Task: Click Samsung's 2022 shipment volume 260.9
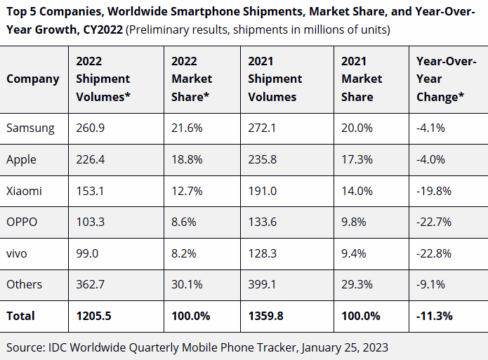click(90, 128)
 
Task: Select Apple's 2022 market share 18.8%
click(186, 159)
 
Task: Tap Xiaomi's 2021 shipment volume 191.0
click(263, 190)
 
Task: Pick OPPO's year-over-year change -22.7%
click(433, 222)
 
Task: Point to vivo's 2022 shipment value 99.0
click(87, 253)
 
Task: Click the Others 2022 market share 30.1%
click(186, 284)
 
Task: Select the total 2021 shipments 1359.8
click(266, 316)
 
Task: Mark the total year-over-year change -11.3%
click(435, 316)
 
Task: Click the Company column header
click(33, 79)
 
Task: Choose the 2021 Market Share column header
click(362, 79)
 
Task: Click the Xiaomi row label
click(24, 190)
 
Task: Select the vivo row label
click(17, 253)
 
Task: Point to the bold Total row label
click(20, 316)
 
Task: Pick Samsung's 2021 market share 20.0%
click(356, 128)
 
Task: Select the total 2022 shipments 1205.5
click(94, 316)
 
